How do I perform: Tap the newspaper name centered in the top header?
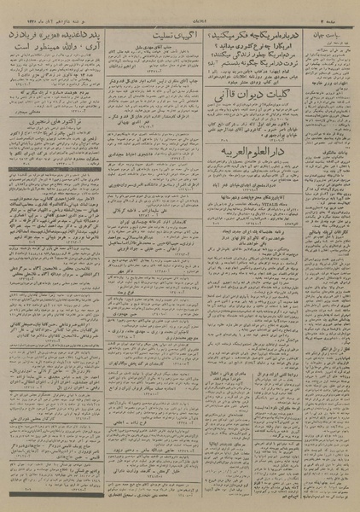pos(181,8)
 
